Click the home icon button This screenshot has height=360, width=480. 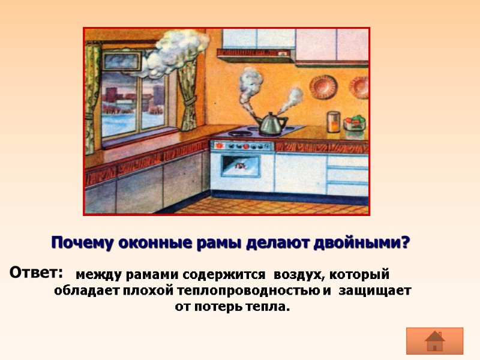click(x=434, y=341)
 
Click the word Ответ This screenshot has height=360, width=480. click(x=37, y=272)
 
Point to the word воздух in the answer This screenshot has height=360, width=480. click(x=296, y=275)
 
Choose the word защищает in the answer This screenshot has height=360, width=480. click(x=374, y=291)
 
